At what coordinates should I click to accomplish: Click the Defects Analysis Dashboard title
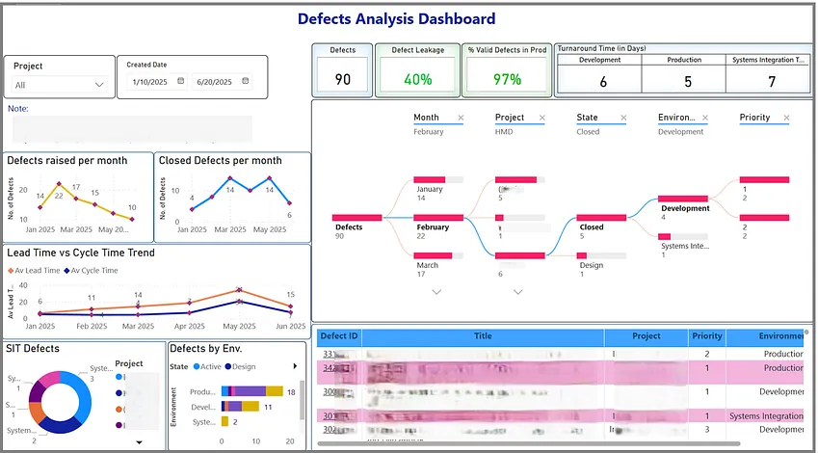point(396,18)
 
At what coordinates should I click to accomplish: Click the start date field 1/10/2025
point(151,83)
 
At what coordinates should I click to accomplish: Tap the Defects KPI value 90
point(342,79)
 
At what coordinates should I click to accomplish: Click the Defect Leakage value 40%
point(417,79)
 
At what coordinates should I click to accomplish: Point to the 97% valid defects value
point(507,79)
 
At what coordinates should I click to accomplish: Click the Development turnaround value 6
point(603,82)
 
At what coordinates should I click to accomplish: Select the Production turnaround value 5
point(687,82)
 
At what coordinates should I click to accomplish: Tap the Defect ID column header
point(339,336)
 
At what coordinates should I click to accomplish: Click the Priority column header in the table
point(706,336)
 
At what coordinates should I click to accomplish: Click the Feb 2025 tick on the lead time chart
point(92,327)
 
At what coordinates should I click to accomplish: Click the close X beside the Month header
point(461,118)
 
